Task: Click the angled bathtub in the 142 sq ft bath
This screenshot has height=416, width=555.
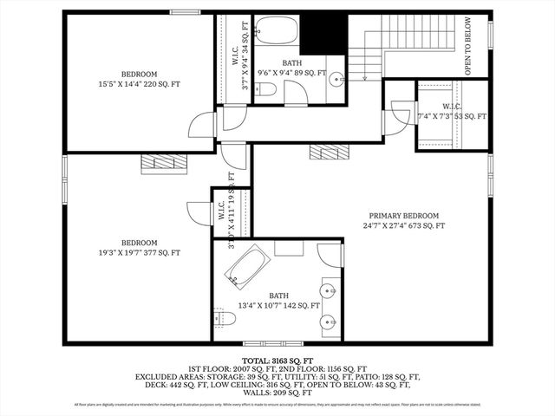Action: (248, 267)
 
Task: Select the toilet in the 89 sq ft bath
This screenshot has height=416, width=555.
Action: (266, 89)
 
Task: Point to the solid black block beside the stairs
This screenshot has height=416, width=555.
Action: (324, 33)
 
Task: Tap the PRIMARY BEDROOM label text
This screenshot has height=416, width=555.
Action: (403, 216)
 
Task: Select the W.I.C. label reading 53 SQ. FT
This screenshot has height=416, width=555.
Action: (452, 112)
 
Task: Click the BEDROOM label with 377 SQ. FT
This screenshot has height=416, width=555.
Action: (139, 248)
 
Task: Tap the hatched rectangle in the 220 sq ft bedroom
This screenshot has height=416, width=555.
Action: (164, 163)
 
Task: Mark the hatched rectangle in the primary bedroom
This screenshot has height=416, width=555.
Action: (329, 152)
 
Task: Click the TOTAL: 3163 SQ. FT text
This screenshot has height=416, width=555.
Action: (277, 359)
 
